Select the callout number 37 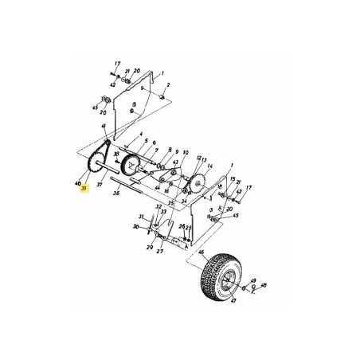[100, 184]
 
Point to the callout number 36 [116, 192]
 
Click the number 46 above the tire [202, 252]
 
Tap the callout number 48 [264, 284]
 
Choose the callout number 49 [253, 281]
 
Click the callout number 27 [159, 251]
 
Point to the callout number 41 [104, 127]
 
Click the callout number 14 [210, 166]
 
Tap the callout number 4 [140, 135]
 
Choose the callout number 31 [140, 216]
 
